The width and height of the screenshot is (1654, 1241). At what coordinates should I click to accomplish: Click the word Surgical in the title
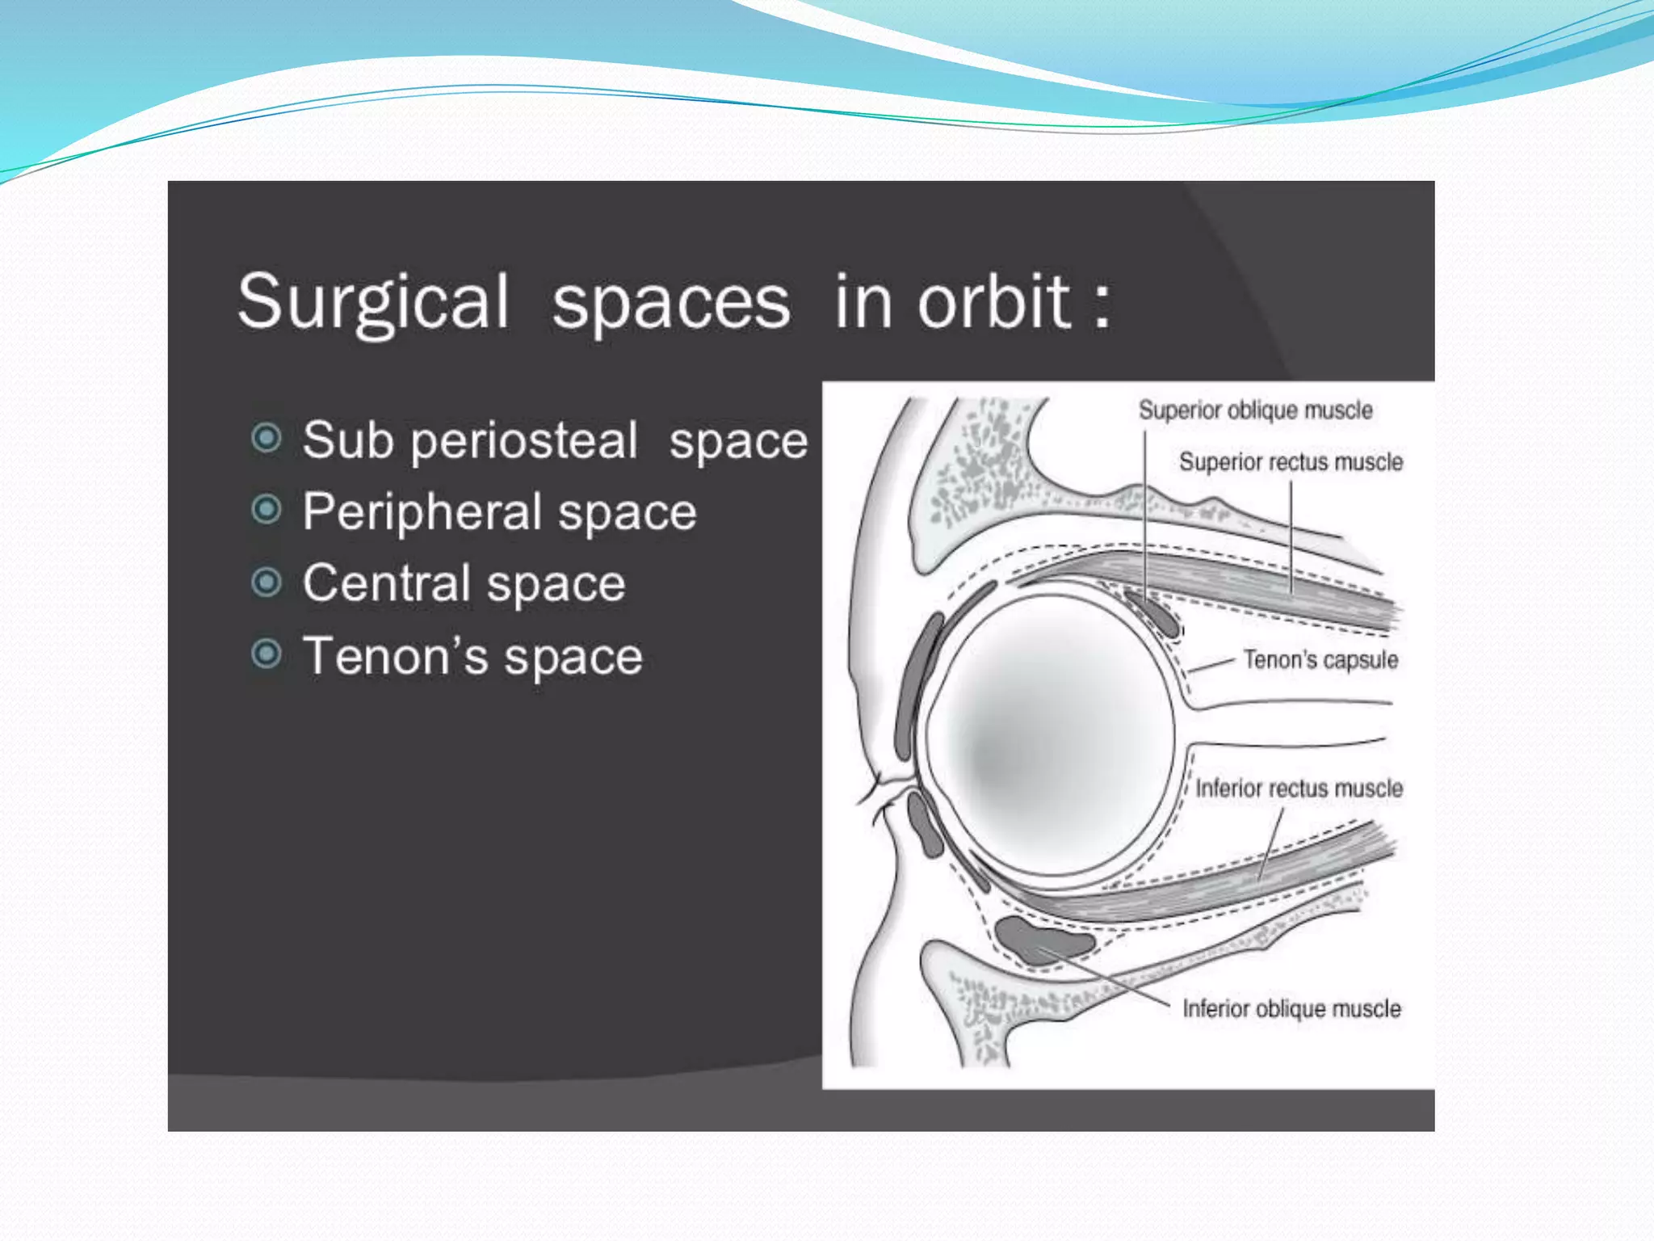coord(373,302)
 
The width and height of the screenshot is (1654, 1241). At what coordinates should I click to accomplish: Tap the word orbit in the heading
coord(993,302)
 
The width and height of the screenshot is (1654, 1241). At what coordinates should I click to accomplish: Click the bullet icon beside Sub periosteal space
coord(267,439)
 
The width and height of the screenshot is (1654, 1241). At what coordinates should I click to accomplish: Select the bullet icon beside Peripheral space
coord(267,510)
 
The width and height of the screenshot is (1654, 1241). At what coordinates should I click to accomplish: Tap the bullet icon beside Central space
coord(267,582)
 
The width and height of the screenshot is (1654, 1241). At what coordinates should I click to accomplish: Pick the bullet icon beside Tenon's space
coord(267,654)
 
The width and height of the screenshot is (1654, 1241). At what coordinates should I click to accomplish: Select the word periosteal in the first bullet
coord(523,441)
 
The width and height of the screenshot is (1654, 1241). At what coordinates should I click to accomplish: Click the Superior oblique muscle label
coord(1255,410)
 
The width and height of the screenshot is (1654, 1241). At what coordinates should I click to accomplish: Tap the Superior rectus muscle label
coord(1291,462)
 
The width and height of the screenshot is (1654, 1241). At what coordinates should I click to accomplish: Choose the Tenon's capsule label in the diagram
coord(1320,660)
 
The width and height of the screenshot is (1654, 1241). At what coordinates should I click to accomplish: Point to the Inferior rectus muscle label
coord(1299,789)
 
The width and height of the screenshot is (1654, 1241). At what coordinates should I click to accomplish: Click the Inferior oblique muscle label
coord(1291,1009)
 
